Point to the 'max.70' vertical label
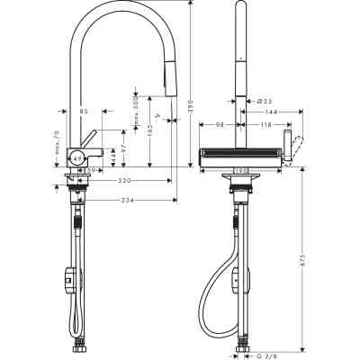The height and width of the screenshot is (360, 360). [x=57, y=142]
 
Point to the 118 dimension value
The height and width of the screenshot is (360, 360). [x=267, y=126]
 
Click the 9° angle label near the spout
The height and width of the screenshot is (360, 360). [x=158, y=115]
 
